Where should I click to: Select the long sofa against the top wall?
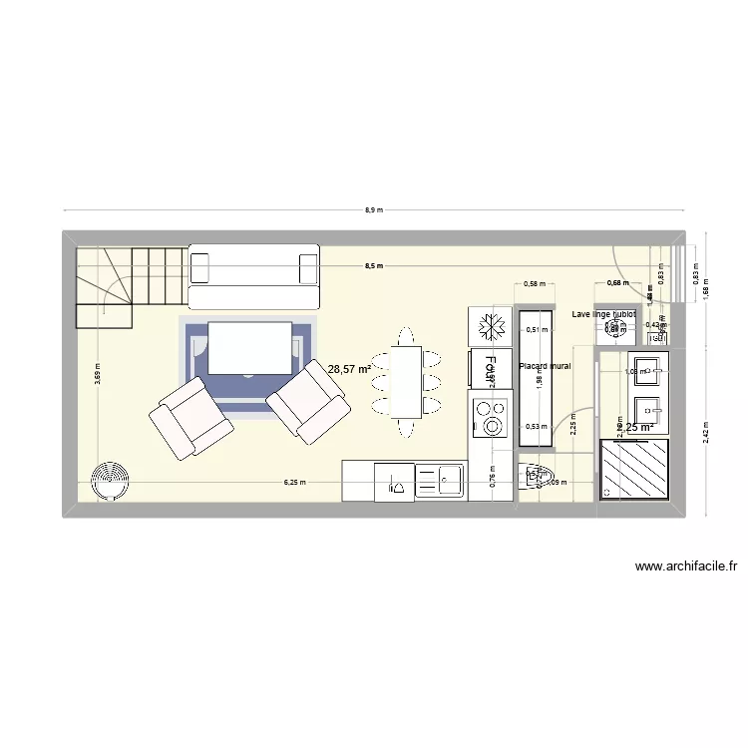(254, 276)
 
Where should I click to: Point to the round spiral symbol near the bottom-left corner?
(108, 483)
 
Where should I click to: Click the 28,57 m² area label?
(349, 369)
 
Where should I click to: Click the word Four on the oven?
(490, 369)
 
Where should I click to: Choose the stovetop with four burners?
(490, 418)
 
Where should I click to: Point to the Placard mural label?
(545, 366)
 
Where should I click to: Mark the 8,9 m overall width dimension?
(374, 210)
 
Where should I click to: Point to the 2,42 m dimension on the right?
(706, 433)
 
